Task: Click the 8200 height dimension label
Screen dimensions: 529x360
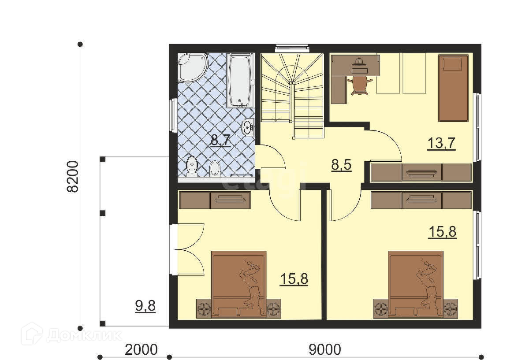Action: coord(72,177)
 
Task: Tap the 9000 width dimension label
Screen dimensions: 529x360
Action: coord(325,349)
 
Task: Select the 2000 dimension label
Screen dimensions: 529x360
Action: coord(141,349)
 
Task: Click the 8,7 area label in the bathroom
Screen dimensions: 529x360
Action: coord(220,141)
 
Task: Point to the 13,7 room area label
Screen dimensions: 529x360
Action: coord(441,143)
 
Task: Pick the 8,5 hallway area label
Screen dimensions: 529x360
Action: coord(341,165)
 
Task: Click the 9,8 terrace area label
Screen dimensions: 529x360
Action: coord(145,306)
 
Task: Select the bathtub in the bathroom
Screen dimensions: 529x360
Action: coord(240,81)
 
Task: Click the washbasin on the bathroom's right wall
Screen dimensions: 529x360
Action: coord(248,127)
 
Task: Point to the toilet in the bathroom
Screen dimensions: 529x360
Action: coord(192,166)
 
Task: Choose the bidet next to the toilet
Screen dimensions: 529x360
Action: coord(215,168)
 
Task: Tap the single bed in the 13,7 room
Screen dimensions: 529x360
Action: coord(453,88)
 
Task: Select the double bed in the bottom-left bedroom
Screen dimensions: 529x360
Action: coord(239,285)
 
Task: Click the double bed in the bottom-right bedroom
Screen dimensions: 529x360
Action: coord(416,285)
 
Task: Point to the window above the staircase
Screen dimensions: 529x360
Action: coord(292,48)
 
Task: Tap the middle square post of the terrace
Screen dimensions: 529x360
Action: coord(102,213)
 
